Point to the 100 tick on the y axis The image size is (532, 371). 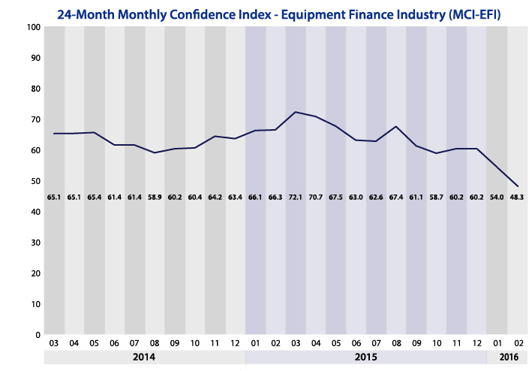pyautogui.click(x=32, y=27)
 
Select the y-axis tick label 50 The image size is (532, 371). pyautogui.click(x=35, y=181)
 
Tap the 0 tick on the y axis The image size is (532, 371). pyautogui.click(x=38, y=335)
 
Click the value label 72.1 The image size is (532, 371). pyautogui.click(x=296, y=198)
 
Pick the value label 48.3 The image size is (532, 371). pyautogui.click(x=516, y=198)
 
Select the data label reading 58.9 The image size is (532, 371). pyautogui.click(x=155, y=198)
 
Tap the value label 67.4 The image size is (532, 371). pyautogui.click(x=396, y=198)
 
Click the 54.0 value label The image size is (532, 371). pyautogui.click(x=497, y=198)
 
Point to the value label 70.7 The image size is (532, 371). pyautogui.click(x=316, y=198)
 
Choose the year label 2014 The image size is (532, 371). pyautogui.click(x=144, y=357)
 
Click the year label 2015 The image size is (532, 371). pyautogui.click(x=365, y=357)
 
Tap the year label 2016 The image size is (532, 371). pyautogui.click(x=506, y=357)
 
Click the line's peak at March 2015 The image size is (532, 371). pyautogui.click(x=296, y=112)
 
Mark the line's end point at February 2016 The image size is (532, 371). pyautogui.click(x=518, y=185)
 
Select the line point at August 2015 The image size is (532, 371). pyautogui.click(x=396, y=126)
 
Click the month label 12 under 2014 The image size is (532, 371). pyautogui.click(x=235, y=343)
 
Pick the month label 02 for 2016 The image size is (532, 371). pyautogui.click(x=516, y=343)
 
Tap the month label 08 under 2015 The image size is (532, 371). pyautogui.click(x=396, y=343)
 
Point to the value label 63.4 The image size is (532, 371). pyautogui.click(x=235, y=198)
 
